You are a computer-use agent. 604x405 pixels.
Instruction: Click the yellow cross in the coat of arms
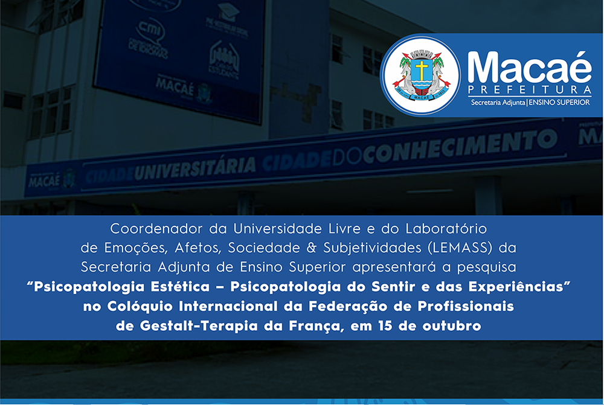pos(422,69)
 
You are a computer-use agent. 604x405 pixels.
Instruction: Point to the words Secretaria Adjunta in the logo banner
pos(498,103)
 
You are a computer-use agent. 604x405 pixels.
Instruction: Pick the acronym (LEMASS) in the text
pos(460,247)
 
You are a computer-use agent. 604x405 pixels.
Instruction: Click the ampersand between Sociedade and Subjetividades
pos(311,247)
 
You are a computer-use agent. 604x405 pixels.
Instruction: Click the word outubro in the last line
pos(452,326)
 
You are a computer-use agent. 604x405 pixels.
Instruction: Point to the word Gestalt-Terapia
pos(199,326)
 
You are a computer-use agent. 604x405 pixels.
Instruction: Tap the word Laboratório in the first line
pos(446,229)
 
